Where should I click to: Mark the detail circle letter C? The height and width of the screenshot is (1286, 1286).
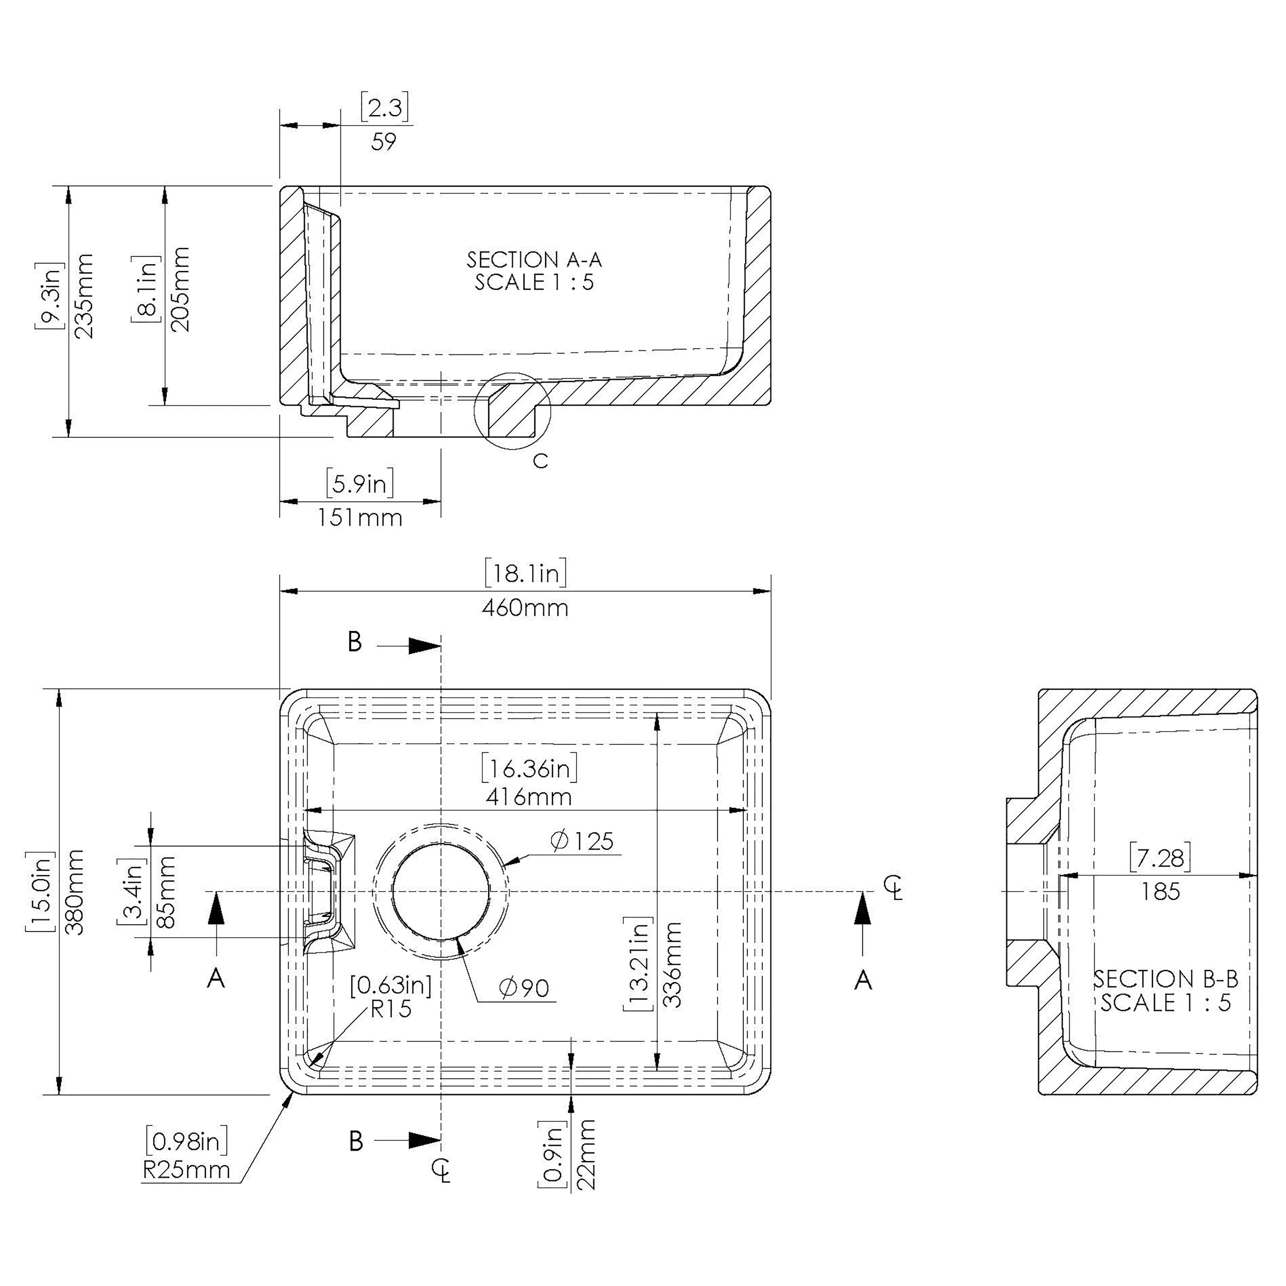click(541, 461)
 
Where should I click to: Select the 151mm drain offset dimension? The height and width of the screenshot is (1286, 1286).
click(360, 518)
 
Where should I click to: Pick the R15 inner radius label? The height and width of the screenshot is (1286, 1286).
click(391, 1010)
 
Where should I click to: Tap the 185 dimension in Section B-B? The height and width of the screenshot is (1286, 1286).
click(1160, 891)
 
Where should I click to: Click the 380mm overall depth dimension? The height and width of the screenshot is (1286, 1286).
click(75, 892)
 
